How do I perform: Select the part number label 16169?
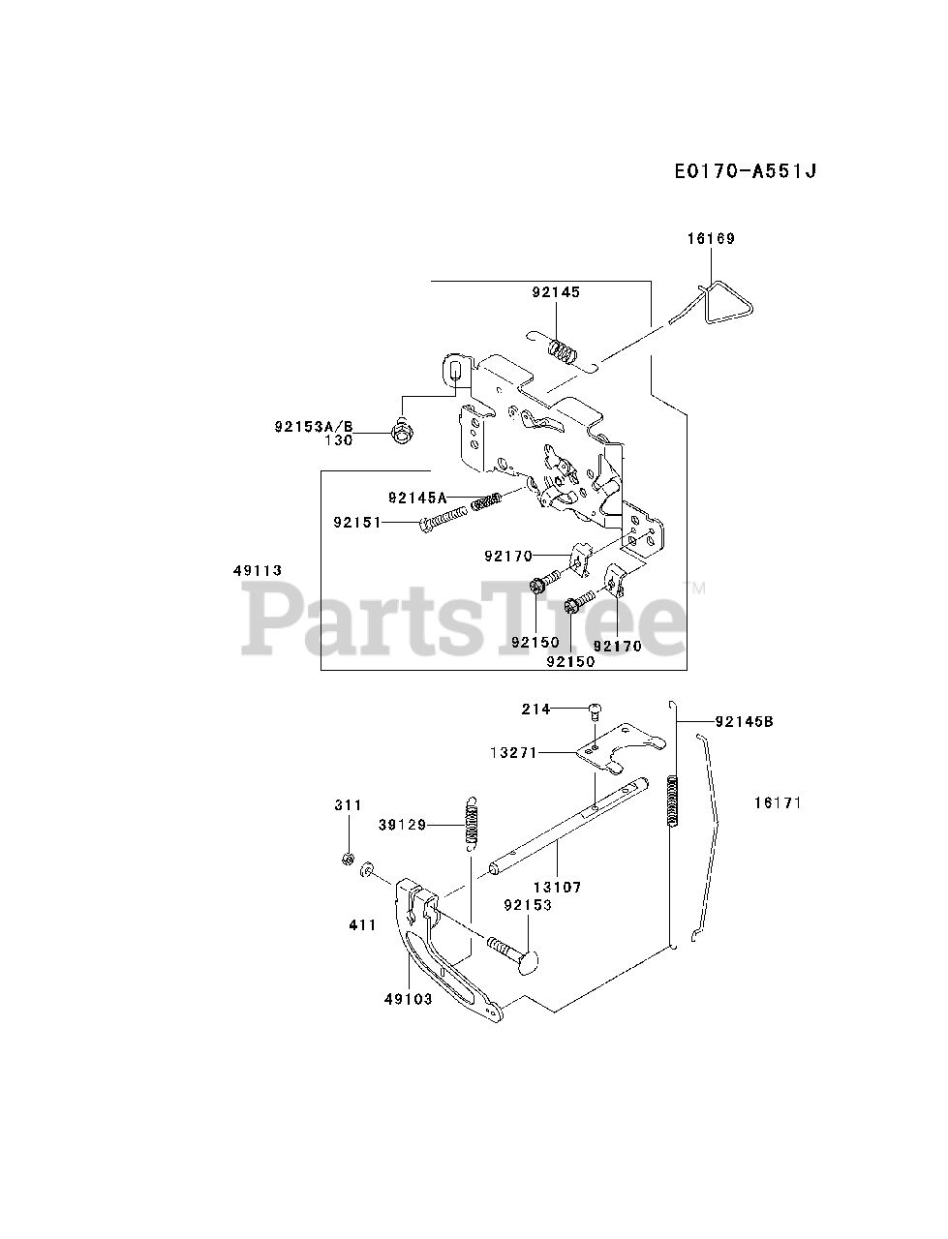click(x=712, y=238)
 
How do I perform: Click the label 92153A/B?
click(x=314, y=424)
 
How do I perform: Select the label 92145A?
click(x=417, y=498)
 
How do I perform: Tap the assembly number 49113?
click(x=257, y=570)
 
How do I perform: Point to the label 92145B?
click(x=744, y=721)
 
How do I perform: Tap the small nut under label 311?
click(x=348, y=859)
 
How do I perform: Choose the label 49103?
click(x=407, y=999)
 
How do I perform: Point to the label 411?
click(x=362, y=925)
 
